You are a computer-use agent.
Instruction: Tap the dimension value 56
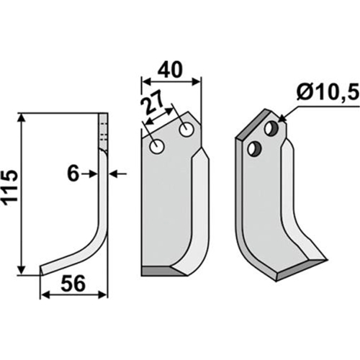click(x=73, y=284)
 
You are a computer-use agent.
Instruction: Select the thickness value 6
click(x=73, y=174)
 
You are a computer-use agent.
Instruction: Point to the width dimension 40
click(x=171, y=70)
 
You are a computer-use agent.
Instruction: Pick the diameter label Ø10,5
click(x=328, y=91)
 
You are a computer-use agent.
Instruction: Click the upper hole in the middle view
click(x=186, y=130)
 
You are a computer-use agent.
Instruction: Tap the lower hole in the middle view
click(x=157, y=146)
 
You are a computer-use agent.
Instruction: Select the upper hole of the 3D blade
click(x=271, y=127)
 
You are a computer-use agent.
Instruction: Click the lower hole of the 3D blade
click(x=255, y=148)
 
